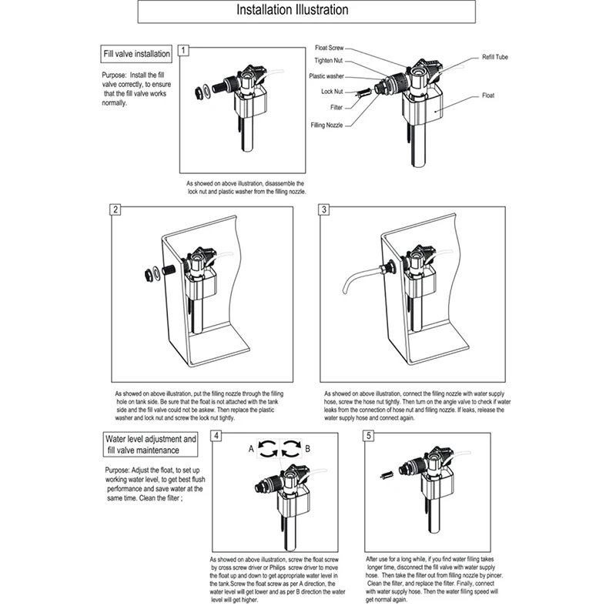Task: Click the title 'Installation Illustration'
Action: click(x=292, y=11)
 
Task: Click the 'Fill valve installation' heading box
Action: click(x=137, y=55)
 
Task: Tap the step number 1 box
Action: click(x=183, y=51)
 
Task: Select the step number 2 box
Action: click(x=115, y=209)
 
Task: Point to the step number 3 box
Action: click(x=324, y=209)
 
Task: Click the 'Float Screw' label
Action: click(x=330, y=48)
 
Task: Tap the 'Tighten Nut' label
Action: click(x=329, y=61)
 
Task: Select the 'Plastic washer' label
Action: click(x=326, y=76)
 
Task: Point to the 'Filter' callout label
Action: click(x=336, y=108)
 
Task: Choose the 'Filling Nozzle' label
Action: click(x=327, y=124)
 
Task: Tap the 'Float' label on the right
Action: click(x=488, y=95)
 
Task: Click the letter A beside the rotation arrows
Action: click(x=251, y=448)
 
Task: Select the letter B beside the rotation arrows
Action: click(x=308, y=448)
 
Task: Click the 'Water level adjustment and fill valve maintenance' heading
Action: click(x=152, y=444)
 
